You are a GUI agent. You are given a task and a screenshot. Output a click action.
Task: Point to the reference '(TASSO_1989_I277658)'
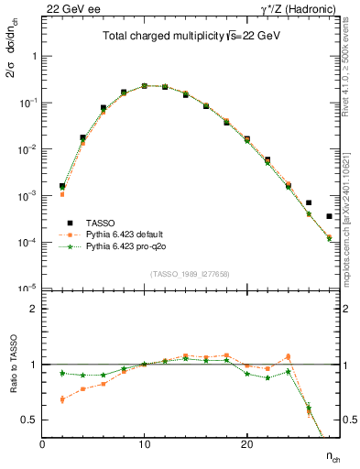pyautogui.click(x=190, y=274)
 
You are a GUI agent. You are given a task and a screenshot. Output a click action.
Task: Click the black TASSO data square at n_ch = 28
pyautogui.click(x=329, y=216)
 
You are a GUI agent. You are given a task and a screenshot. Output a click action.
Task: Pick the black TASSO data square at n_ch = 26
pyautogui.click(x=309, y=202)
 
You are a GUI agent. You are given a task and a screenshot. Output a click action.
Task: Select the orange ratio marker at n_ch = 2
pyautogui.click(x=62, y=399)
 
